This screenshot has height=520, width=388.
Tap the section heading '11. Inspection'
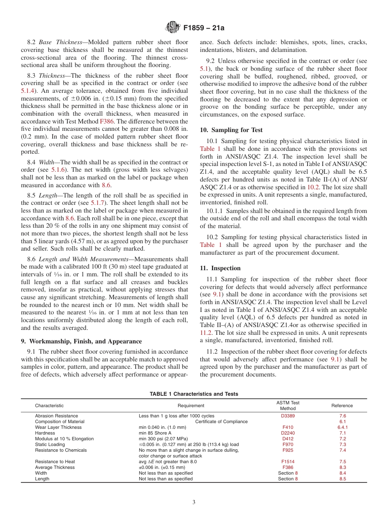[220, 268]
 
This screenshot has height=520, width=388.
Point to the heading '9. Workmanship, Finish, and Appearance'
[81, 341]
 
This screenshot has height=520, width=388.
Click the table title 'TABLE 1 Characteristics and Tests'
[194, 394]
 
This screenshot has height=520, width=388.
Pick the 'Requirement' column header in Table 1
[191, 406]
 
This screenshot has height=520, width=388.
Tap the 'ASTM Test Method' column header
[288, 406]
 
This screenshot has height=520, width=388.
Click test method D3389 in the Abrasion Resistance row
[288, 416]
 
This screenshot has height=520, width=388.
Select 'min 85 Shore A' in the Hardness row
[155, 433]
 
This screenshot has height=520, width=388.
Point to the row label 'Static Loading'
[50, 444]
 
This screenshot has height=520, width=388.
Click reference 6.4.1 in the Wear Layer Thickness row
[342, 427]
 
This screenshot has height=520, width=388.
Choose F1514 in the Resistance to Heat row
[288, 462]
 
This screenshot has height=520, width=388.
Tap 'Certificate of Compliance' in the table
[221, 421]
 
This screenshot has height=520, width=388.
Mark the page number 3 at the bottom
[194, 502]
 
